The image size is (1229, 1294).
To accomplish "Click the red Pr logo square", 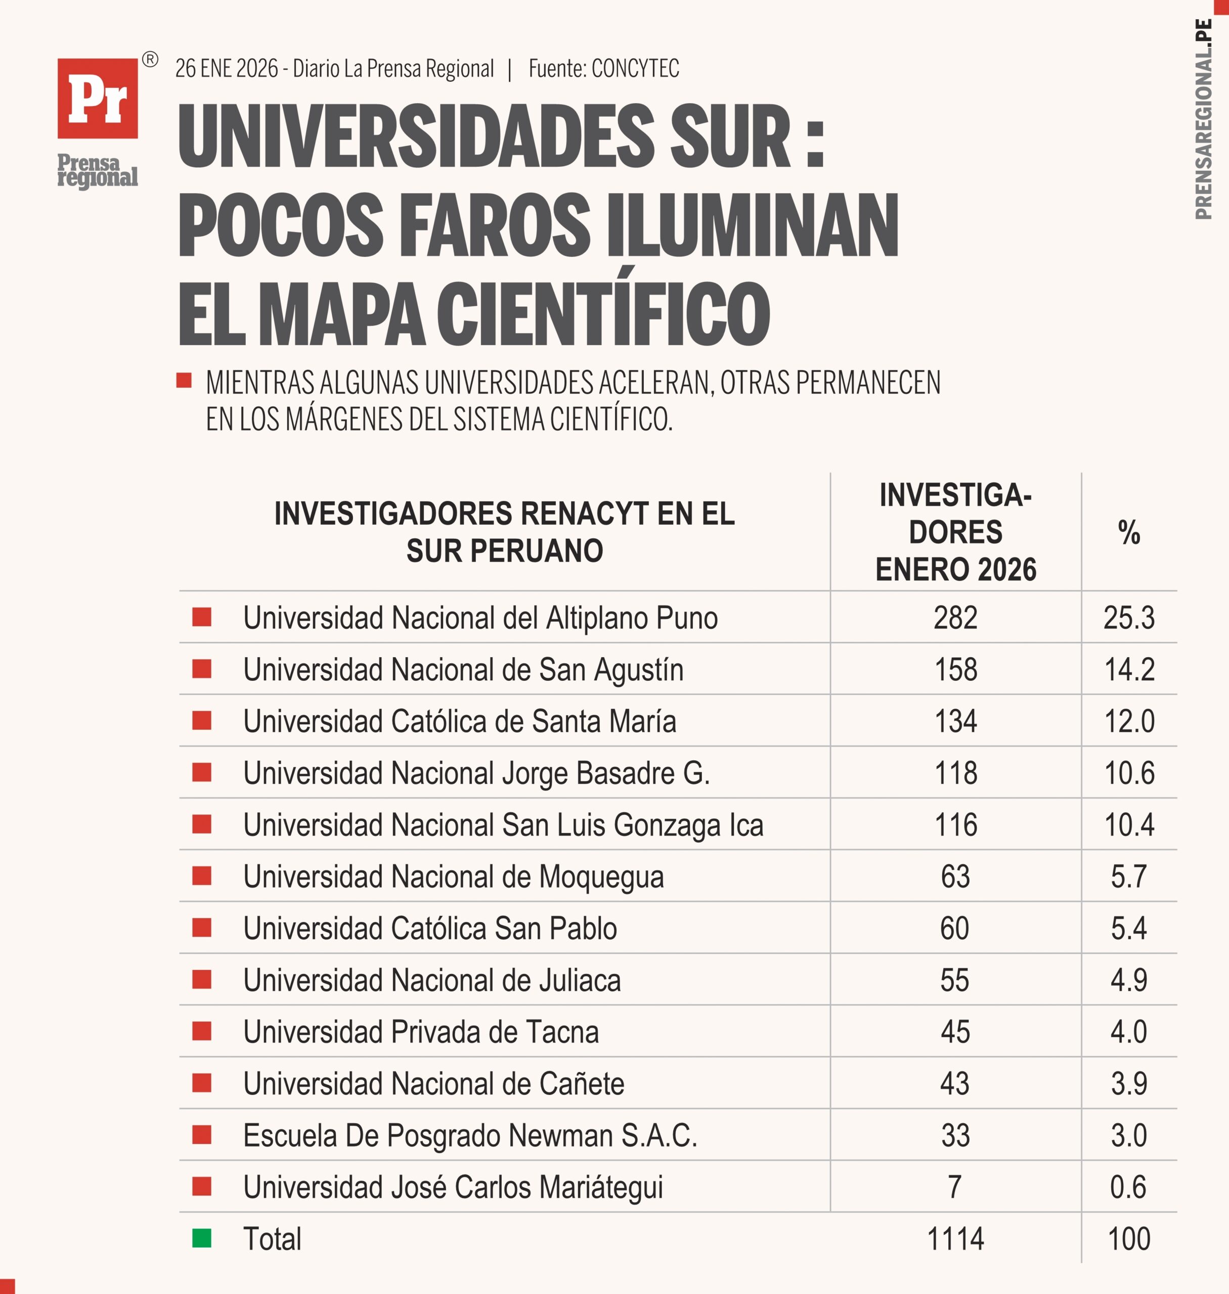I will coord(98,98).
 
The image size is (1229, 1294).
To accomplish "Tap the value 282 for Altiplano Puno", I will coord(955,618).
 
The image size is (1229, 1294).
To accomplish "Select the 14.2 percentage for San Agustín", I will coord(1129,670).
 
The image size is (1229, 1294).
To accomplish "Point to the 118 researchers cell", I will coord(955,773).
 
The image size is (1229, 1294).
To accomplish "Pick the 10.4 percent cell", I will coord(1129,825).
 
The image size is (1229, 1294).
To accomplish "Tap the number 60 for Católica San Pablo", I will coord(954,929).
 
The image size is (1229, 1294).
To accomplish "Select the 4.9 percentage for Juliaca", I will coord(1129,980).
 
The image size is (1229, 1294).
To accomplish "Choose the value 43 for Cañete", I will coord(954,1084).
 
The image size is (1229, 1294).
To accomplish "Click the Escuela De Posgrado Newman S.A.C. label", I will coord(470,1135).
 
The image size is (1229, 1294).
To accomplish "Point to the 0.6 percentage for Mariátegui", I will coord(1128,1187).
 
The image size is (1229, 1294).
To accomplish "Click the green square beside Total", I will coord(202,1238).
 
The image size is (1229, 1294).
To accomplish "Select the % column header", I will coord(1129,532).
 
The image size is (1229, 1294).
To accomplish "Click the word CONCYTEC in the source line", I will coord(635,69).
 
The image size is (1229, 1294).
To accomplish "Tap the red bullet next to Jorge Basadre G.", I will coord(202,773).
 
